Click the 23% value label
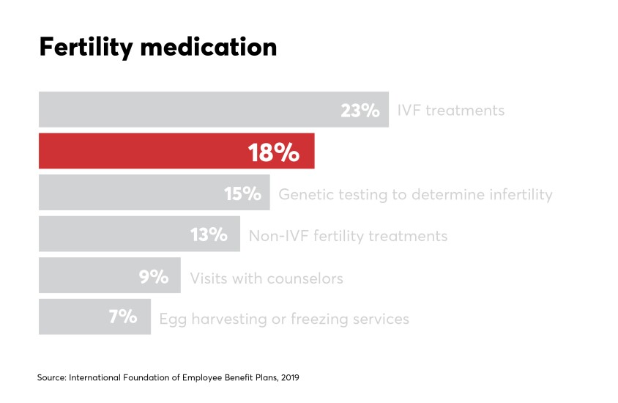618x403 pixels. point(360,111)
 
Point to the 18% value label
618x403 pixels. point(273,152)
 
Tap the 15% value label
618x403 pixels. point(242,194)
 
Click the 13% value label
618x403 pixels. point(209,235)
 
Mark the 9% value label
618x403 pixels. point(154,277)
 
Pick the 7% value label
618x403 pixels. point(123,318)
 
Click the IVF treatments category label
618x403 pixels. point(450,111)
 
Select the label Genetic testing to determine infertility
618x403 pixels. point(415,195)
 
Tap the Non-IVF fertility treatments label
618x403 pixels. point(348,236)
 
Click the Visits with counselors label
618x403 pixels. point(267,278)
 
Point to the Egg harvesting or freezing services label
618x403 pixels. point(284,319)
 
